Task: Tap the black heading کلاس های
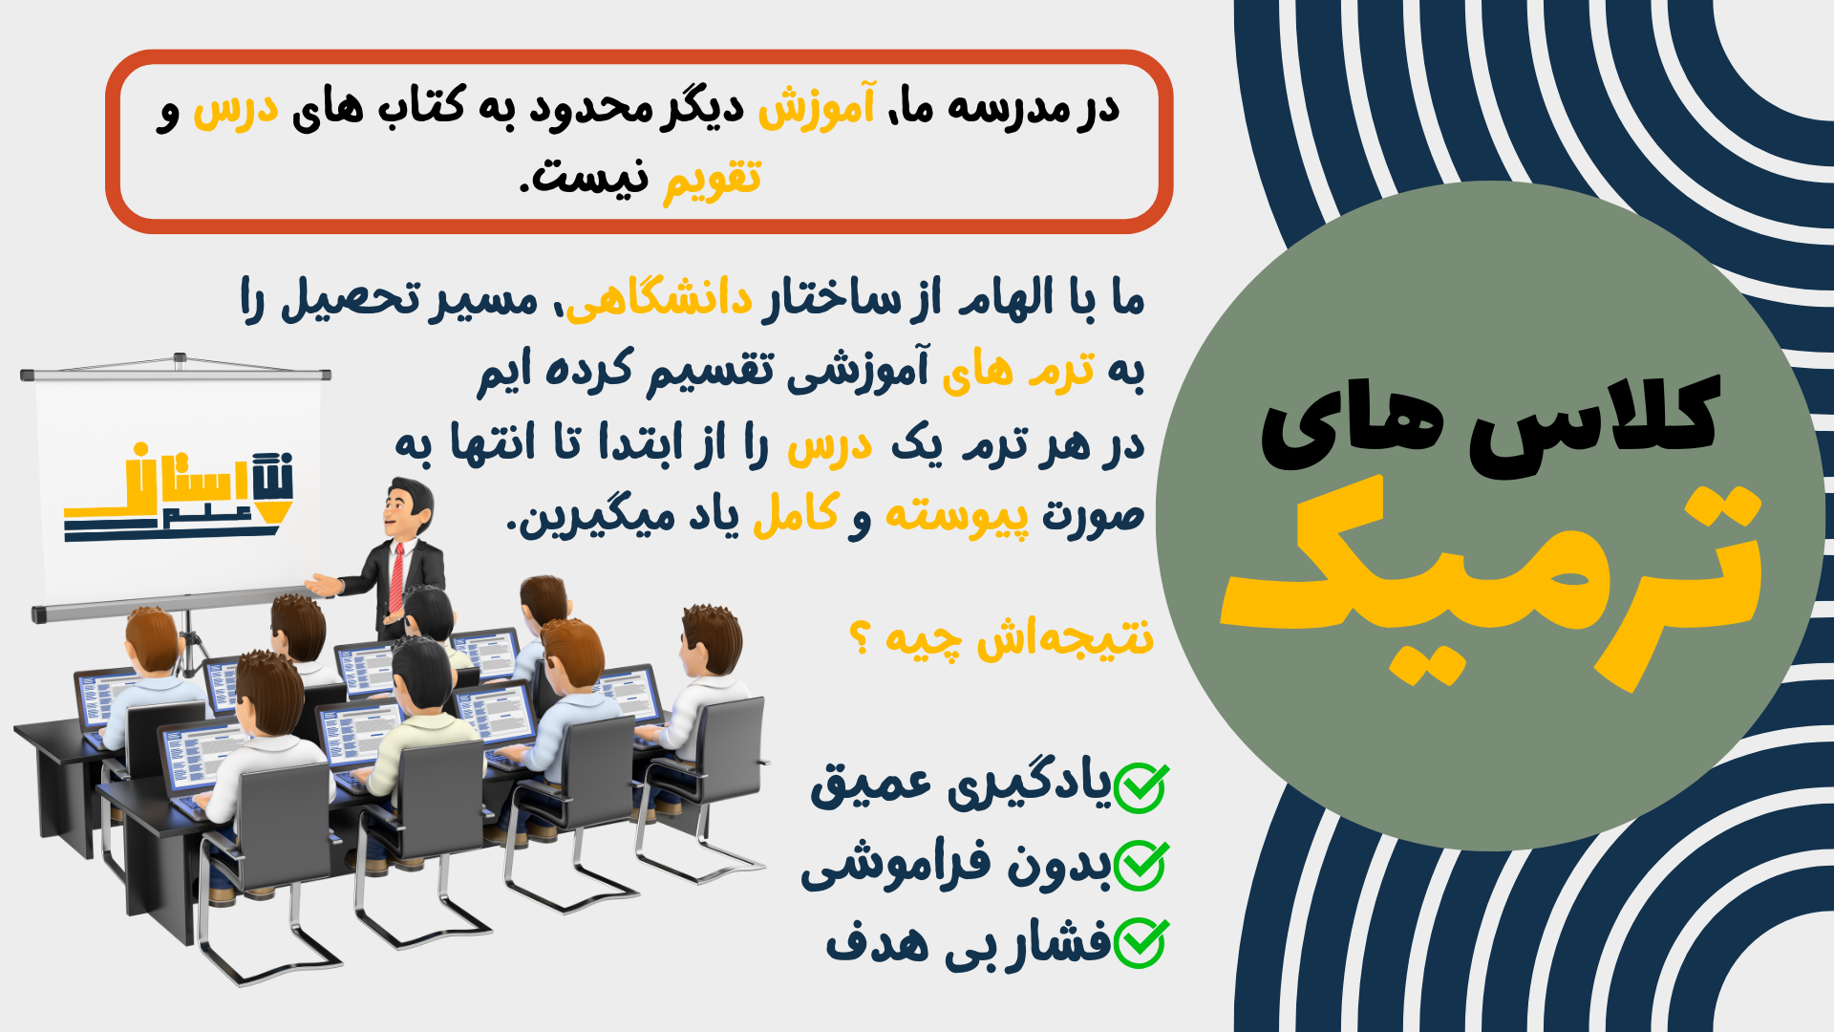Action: (x=1490, y=425)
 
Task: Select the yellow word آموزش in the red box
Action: (x=817, y=105)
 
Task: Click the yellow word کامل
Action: (x=797, y=514)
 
